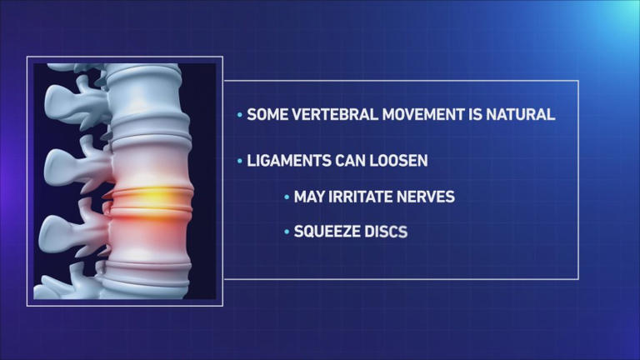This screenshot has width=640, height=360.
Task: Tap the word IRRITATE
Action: click(363, 197)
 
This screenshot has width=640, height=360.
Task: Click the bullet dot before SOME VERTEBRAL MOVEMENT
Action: click(241, 115)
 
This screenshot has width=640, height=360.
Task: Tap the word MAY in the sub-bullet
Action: click(308, 197)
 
